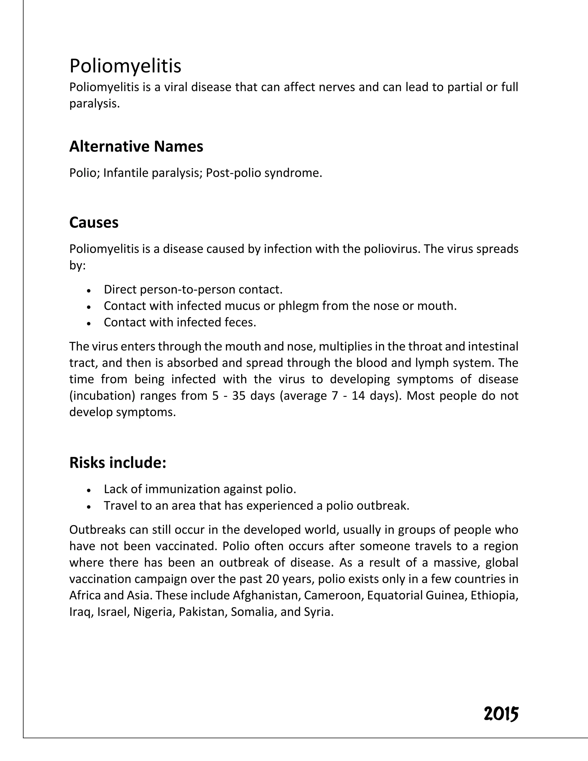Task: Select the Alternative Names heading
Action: pos(136,146)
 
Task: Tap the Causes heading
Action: pos(94,222)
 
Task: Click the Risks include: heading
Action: pos(118,462)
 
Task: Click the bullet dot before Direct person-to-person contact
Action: pos(89,290)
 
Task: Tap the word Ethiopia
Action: pos(494,595)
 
